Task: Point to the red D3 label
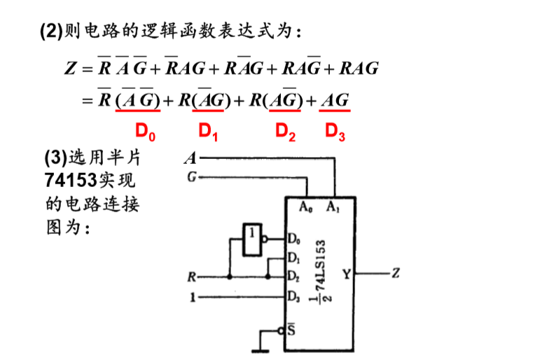click(335, 131)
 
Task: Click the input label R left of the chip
click(191, 277)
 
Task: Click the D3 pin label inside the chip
click(293, 295)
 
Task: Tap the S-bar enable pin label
click(292, 331)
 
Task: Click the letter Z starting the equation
click(69, 69)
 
